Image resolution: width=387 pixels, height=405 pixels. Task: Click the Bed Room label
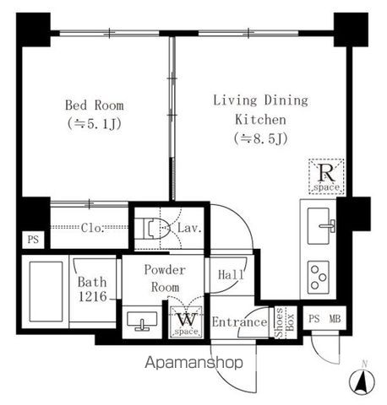pos(95,105)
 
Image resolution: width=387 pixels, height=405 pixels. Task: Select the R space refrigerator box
pos(326,176)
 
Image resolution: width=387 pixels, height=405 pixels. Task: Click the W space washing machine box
pos(186,321)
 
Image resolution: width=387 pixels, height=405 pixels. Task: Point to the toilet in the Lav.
pos(155,228)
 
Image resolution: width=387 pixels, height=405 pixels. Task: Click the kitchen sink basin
pos(319,226)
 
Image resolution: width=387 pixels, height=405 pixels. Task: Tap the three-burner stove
pos(319,278)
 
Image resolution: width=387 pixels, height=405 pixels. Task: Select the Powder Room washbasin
pos(142,321)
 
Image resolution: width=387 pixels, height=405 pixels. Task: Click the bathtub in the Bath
pos(46,291)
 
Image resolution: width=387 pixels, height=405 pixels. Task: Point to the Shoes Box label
pos(285,322)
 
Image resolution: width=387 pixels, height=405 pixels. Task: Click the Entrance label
pos(239,322)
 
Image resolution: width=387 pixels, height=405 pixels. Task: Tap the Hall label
pos(231,274)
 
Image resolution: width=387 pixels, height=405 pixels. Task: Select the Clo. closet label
pos(93,228)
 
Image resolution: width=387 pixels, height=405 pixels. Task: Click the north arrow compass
pos(362,381)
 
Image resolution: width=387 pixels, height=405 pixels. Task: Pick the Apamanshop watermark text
pos(193,363)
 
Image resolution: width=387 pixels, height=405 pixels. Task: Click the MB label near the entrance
pos(335,319)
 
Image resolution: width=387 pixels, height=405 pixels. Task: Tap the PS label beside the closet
pos(33,240)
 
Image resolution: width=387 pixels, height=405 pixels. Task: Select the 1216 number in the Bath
pos(93,296)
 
